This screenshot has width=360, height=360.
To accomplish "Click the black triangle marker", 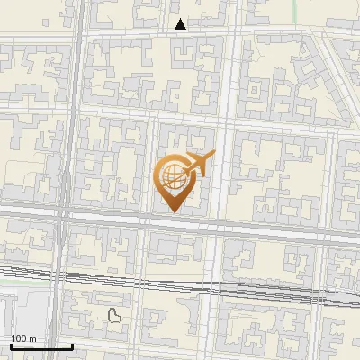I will pos(181,24).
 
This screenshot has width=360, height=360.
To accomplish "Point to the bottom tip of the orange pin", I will pos(174,213).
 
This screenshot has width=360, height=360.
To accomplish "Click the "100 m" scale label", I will pos(23,337).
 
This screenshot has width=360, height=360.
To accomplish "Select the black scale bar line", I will pos(40,346).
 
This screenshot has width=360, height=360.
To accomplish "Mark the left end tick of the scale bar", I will pos(10,344).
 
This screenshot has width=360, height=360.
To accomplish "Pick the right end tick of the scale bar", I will pos(72,344).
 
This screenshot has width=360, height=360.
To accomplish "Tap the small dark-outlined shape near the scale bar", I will pos(114,315).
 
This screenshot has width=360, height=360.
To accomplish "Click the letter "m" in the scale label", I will pos(32,337).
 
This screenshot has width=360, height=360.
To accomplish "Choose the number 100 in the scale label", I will pos(19,337).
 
